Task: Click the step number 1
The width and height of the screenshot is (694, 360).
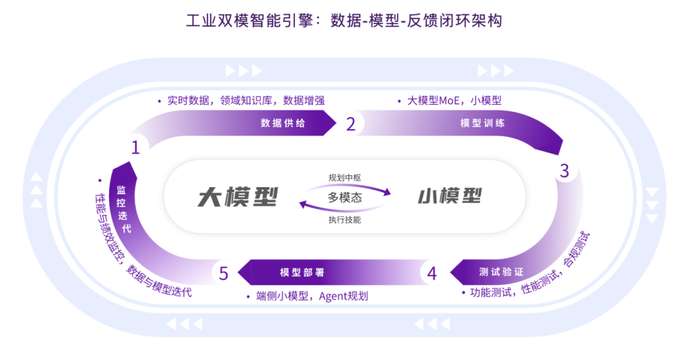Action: tap(135, 148)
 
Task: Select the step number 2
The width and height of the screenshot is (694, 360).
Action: tap(350, 124)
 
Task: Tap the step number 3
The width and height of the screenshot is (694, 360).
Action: tap(564, 171)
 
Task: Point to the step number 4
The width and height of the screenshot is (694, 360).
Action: tap(432, 274)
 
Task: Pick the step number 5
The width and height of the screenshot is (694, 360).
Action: tap(223, 274)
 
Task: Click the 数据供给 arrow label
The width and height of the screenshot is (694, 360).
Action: tap(283, 123)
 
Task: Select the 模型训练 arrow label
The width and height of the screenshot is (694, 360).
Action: tap(483, 123)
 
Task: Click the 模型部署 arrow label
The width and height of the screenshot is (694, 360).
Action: tap(302, 272)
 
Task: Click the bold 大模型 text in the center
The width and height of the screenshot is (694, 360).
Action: tap(238, 196)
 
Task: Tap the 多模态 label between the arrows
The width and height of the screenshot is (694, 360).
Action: tap(345, 197)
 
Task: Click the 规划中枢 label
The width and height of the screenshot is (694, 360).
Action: tap(345, 177)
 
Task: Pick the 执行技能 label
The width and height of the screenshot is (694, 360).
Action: tap(345, 219)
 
